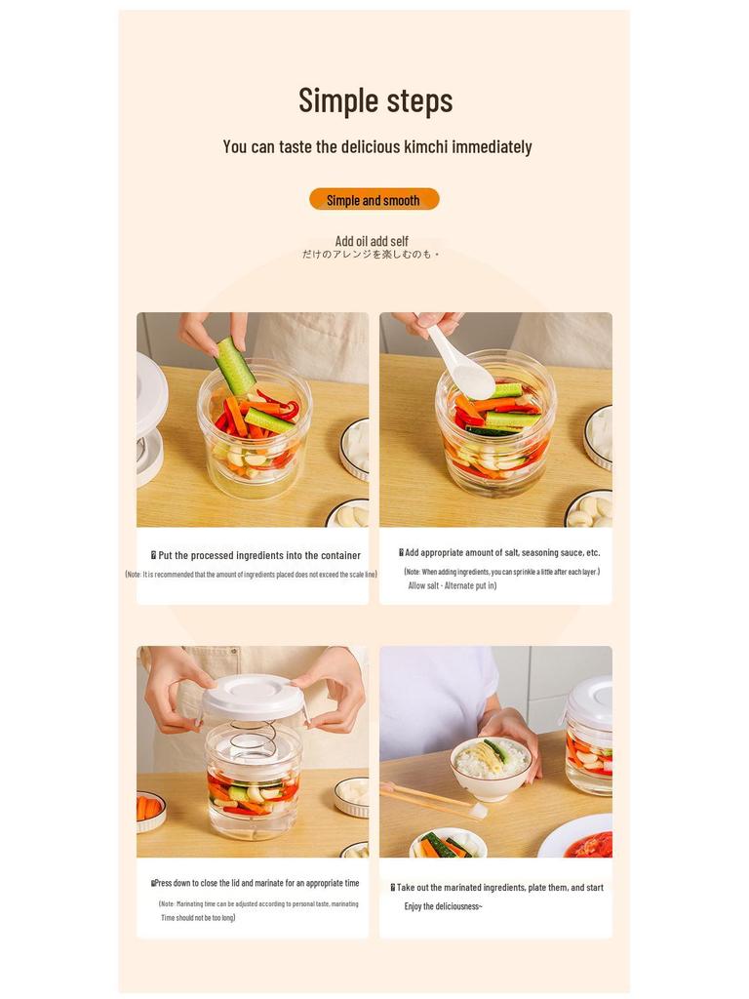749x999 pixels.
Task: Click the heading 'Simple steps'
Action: coord(375,100)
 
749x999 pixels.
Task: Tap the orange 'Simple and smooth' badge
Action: coord(374,200)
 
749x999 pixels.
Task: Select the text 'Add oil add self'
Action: coord(372,241)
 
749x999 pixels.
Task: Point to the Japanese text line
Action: coord(371,255)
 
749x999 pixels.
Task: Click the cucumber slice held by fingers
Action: coord(234,365)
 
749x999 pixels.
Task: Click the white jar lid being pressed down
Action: coord(253,697)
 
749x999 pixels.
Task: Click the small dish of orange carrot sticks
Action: coord(149,809)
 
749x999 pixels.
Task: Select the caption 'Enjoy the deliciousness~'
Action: coord(443,906)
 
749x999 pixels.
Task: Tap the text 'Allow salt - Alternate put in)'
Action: coord(452,585)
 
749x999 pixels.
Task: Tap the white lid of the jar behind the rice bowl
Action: coord(591,699)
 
